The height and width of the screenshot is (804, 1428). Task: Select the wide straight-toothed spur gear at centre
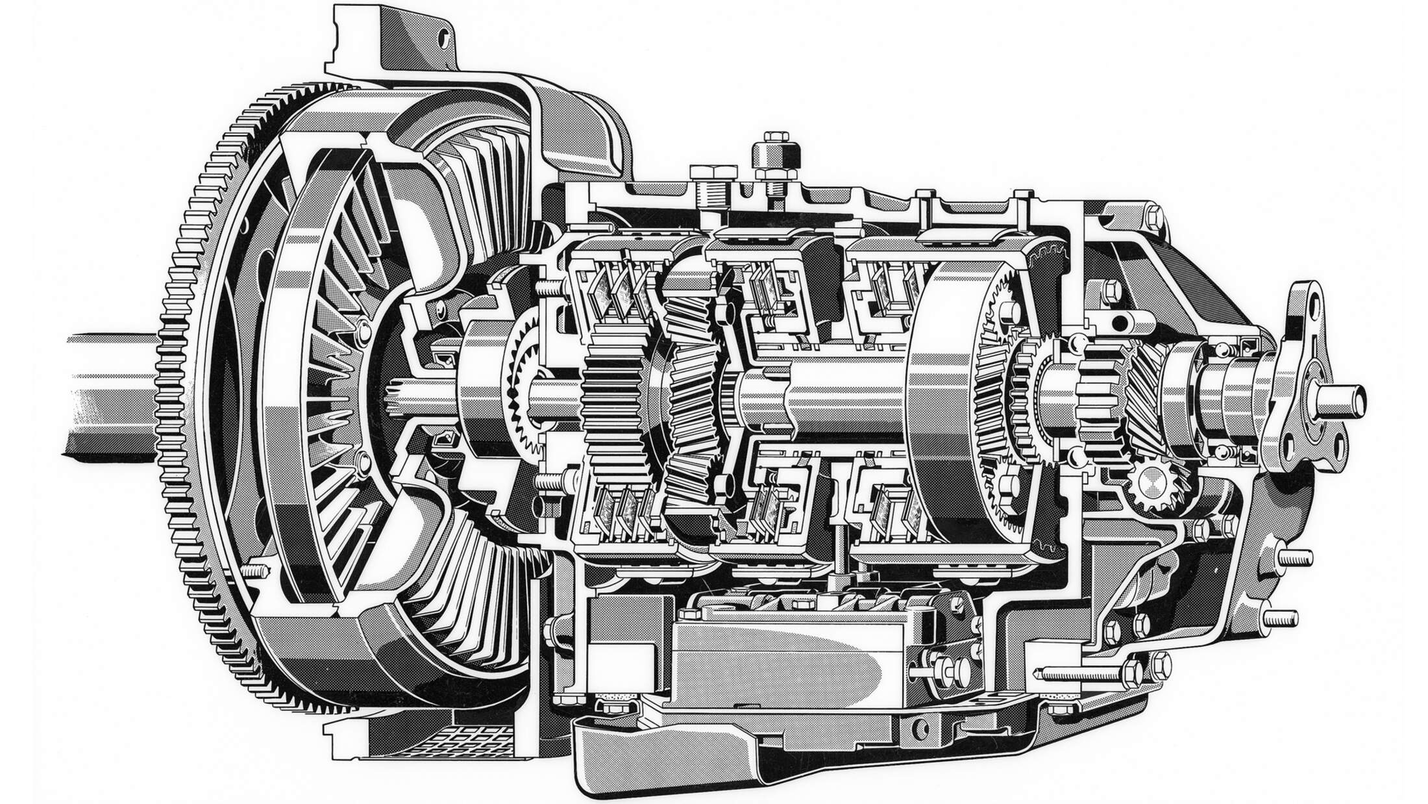click(613, 403)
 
